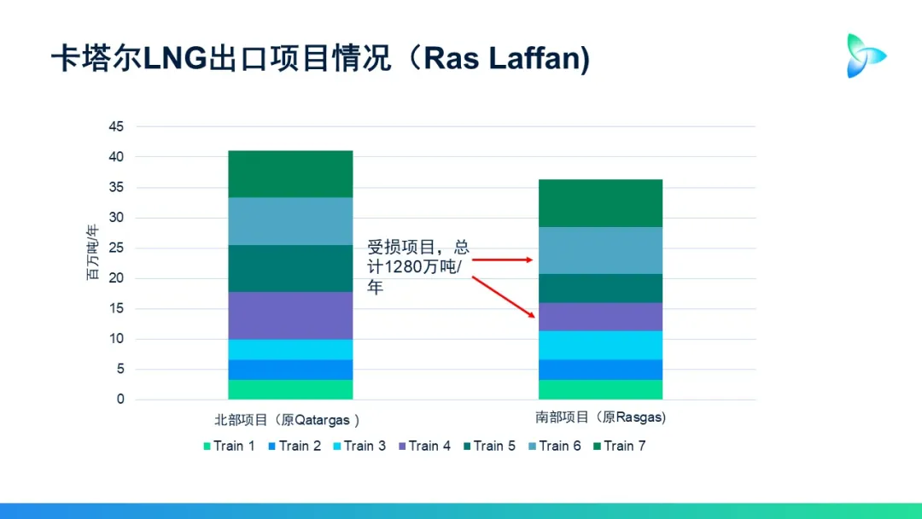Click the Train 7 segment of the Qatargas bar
pos(290,174)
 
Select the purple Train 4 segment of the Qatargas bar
pos(290,316)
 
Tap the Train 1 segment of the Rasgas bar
pos(599,389)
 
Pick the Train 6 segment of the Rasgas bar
pos(599,250)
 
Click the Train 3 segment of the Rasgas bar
pos(599,345)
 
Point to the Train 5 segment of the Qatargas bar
pos(290,268)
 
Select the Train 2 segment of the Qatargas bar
pos(290,370)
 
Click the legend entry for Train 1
pos(228,446)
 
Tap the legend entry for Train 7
pos(619,446)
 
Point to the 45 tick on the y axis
pos(116,127)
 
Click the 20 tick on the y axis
pos(116,278)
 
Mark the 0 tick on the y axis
pos(120,399)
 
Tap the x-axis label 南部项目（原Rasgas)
pos(600,417)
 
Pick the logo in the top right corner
pos(865,55)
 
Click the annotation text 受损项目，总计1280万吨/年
pos(418,267)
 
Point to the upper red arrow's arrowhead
pos(531,259)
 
